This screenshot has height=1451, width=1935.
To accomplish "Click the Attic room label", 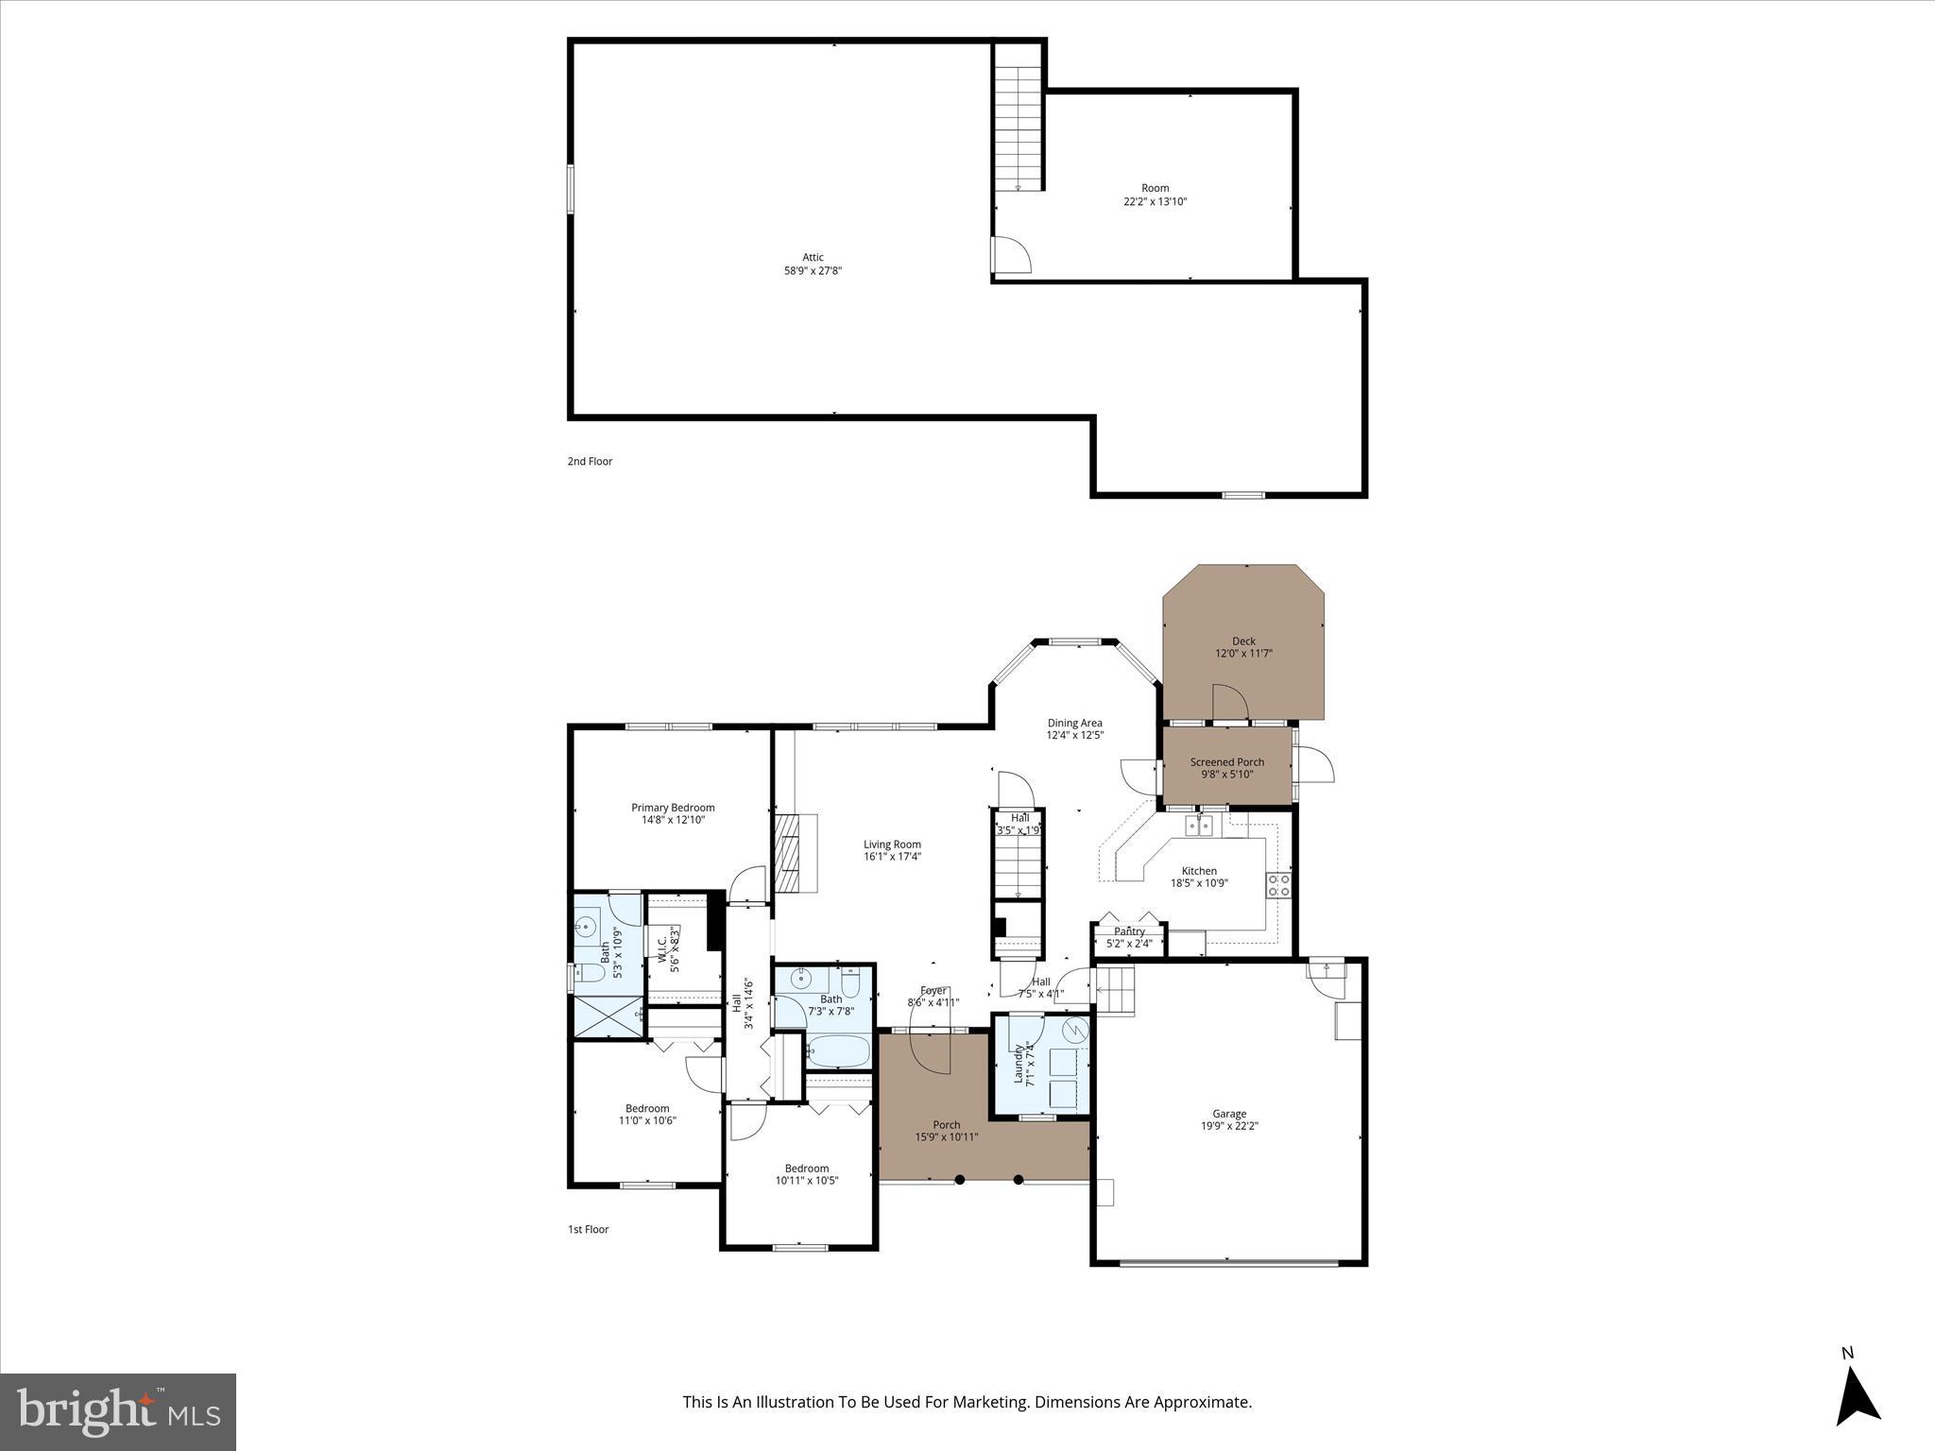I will (813, 257).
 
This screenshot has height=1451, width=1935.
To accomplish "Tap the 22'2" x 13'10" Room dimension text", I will (1155, 201).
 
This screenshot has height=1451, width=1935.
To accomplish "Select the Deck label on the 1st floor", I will (1243, 640).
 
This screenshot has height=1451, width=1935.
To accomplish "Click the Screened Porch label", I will (1226, 761).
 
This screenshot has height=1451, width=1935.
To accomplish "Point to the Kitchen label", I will (1199, 871).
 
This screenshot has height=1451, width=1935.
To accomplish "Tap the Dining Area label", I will (1074, 723).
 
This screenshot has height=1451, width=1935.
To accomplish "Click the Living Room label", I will (892, 845).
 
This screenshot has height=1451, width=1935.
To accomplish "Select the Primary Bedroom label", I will (673, 808).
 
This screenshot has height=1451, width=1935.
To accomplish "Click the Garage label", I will (1229, 1114).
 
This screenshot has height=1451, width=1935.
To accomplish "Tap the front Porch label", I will (946, 1124).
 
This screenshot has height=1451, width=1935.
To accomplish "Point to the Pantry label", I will (1129, 931).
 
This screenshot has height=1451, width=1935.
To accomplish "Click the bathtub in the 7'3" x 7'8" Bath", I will (838, 1051).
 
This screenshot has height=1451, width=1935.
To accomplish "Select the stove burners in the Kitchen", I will (1278, 885).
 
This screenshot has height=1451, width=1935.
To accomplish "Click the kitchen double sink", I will (1200, 827).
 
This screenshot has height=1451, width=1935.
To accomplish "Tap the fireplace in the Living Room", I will (787, 853).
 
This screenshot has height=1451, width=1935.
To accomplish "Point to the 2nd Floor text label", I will (590, 461).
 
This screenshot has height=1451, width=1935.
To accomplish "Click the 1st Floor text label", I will (588, 1229).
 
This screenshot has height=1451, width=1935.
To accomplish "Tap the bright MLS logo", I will (118, 1411).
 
